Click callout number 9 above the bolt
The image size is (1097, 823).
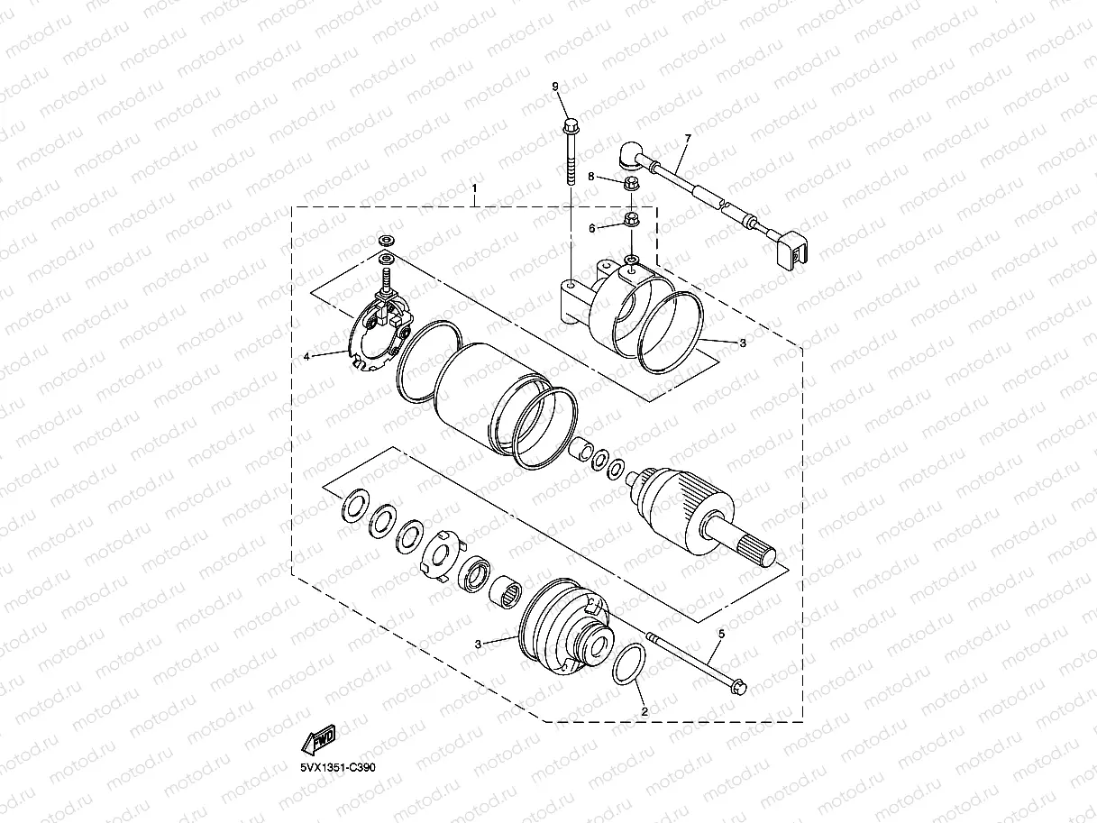(555, 86)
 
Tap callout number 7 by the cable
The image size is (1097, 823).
(688, 139)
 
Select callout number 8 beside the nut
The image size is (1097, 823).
(592, 178)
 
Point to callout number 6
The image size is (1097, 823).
(592, 229)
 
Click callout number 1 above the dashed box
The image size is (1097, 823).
(475, 190)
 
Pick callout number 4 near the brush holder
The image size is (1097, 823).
(306, 357)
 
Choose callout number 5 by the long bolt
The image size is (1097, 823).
(720, 635)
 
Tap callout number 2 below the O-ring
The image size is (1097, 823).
(644, 711)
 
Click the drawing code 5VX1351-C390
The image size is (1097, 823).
(338, 767)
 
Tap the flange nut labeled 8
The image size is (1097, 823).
(632, 184)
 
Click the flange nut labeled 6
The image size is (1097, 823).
(632, 219)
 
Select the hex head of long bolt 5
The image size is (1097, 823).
(736, 688)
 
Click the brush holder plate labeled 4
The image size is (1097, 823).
(378, 334)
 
